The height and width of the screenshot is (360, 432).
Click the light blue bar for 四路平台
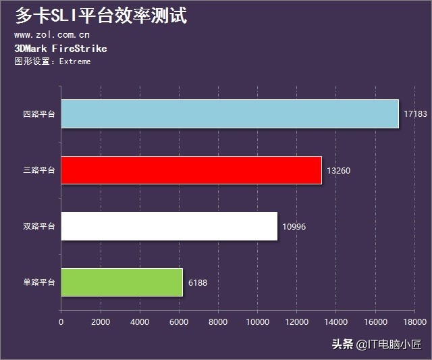230,113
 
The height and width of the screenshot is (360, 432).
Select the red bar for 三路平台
191,170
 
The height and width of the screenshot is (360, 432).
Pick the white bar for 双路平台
169,226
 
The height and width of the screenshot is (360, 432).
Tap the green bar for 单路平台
122,282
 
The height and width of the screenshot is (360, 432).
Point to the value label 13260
338,170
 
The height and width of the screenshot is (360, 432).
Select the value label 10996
294,226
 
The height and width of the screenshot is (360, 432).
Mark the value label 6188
198,282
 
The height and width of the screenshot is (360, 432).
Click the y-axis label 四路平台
38,114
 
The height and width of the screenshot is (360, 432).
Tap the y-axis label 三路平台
38,170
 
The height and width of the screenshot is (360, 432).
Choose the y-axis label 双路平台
38,226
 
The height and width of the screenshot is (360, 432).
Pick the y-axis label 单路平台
38,282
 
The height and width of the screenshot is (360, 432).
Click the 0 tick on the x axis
61,322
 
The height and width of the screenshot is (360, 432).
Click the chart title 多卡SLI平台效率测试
101,16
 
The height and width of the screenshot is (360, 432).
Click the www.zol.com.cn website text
52,35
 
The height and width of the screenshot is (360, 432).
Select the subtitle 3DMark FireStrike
60,49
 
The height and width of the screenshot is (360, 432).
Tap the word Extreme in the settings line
75,61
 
